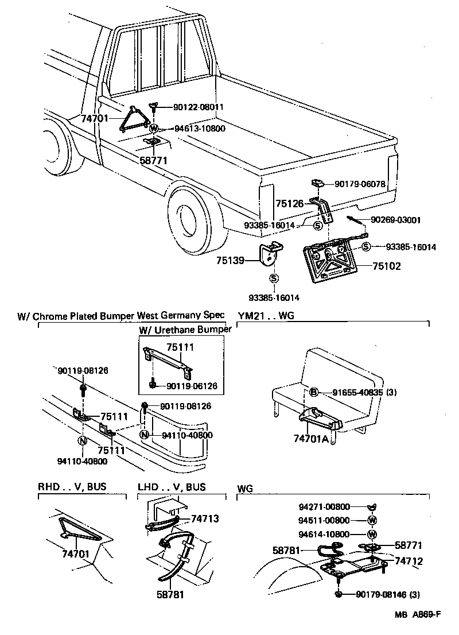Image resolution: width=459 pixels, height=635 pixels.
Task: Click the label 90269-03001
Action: pyautogui.click(x=396, y=219)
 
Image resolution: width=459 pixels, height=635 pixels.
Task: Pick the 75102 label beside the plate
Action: pyautogui.click(x=387, y=266)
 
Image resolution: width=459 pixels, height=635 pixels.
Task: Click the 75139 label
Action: pyautogui.click(x=230, y=260)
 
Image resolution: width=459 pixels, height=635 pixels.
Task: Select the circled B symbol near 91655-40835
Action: pyautogui.click(x=313, y=393)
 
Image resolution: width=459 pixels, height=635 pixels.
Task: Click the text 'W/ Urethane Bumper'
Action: pyautogui.click(x=185, y=329)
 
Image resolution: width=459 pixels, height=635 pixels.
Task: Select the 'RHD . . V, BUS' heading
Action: pyautogui.click(x=72, y=487)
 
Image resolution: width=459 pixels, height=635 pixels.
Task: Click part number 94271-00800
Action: pyautogui.click(x=324, y=507)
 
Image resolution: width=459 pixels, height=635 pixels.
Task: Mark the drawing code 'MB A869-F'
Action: pyautogui.click(x=417, y=615)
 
